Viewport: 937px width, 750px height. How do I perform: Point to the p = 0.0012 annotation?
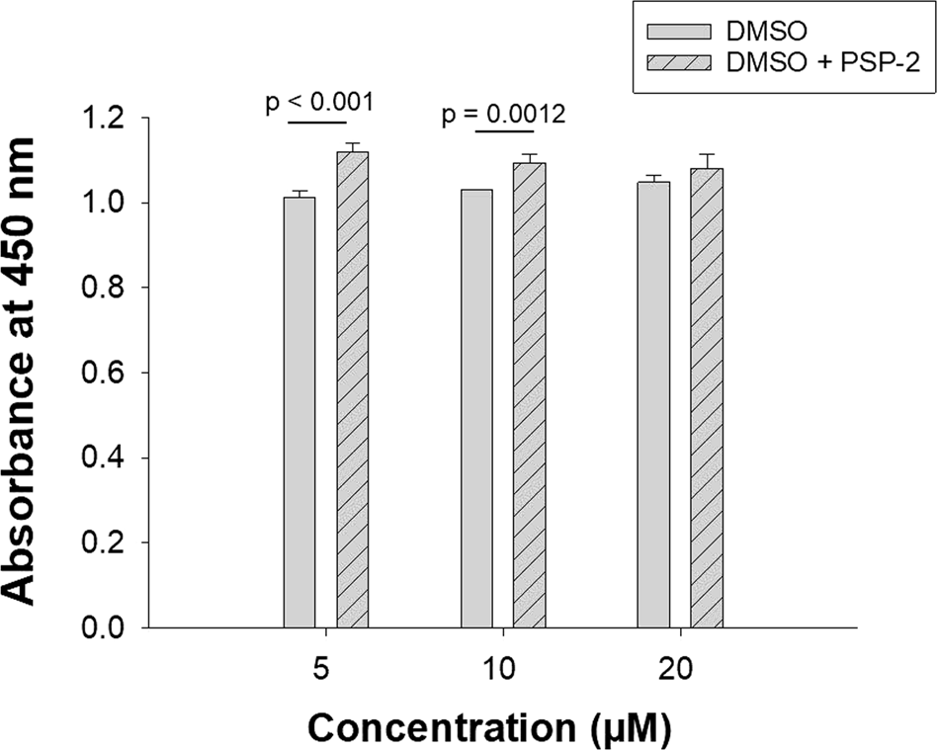(x=503, y=115)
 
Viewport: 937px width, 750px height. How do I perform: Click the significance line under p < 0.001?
(x=317, y=123)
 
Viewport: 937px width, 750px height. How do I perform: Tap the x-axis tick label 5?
(x=325, y=668)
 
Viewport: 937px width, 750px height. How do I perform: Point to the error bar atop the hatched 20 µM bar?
(x=706, y=160)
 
